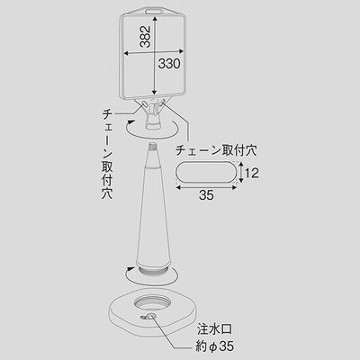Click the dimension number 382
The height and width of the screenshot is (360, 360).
145,37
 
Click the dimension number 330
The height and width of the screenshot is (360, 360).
169,64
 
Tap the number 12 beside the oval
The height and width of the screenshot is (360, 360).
251,173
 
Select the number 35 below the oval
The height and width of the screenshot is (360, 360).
206,195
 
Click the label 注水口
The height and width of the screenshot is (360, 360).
214,329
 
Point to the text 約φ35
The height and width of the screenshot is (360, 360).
215,346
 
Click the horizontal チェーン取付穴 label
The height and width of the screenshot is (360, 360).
216,150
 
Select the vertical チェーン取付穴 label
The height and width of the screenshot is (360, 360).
107,154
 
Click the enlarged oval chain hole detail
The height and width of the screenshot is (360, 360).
206,173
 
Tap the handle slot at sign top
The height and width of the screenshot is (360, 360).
154,12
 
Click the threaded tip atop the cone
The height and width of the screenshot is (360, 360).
153,146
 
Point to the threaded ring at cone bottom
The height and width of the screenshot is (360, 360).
153,268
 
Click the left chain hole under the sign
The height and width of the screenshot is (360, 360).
144,103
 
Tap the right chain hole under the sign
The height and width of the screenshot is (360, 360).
163,103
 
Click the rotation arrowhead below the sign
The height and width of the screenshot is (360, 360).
130,121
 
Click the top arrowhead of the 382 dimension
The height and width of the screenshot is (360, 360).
154,20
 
